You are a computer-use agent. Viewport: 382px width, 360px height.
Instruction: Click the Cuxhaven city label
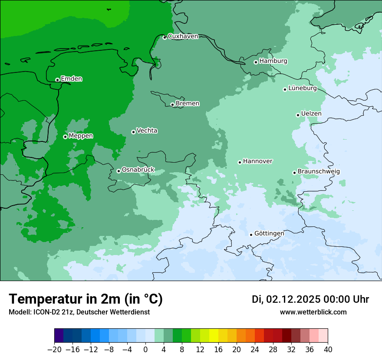[183, 36]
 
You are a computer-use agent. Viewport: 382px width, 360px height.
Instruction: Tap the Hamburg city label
[273, 61]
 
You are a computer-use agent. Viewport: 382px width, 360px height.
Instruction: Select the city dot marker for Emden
[57, 80]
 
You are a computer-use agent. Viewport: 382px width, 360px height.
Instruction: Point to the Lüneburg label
[302, 88]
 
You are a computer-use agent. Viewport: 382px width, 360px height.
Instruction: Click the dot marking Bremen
[172, 105]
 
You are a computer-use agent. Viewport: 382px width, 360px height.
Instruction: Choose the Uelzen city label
[311, 114]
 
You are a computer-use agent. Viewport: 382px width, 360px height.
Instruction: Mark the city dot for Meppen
[65, 137]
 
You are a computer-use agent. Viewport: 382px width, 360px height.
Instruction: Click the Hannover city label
[257, 161]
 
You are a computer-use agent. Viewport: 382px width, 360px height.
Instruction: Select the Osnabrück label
[138, 170]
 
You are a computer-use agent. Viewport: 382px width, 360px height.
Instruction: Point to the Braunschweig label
[319, 172]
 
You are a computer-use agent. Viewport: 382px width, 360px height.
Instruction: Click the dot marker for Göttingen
[251, 235]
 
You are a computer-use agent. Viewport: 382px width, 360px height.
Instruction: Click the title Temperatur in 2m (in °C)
[86, 299]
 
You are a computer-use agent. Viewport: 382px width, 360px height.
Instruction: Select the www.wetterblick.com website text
[313, 312]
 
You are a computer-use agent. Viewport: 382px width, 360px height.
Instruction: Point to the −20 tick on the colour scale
[54, 349]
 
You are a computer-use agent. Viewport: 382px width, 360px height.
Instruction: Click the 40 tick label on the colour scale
[328, 349]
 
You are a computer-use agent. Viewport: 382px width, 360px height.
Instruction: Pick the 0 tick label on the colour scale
[145, 349]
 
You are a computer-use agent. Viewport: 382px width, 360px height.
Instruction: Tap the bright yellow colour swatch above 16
[214, 336]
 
